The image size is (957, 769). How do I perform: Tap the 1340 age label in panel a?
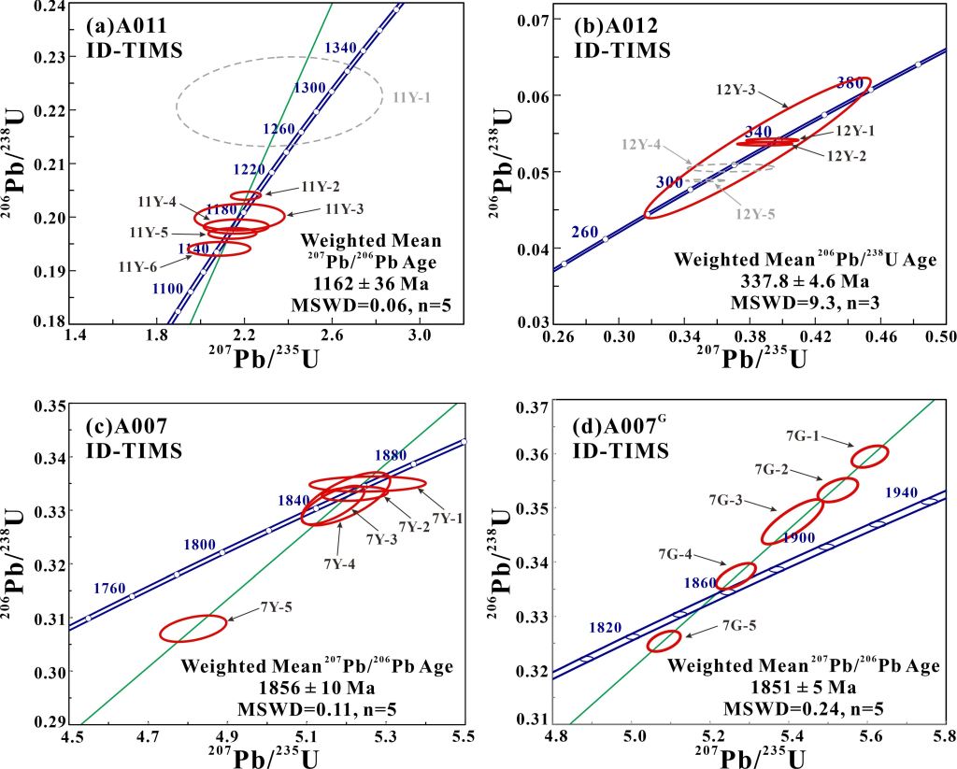342,47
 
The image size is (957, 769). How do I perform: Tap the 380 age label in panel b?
851,81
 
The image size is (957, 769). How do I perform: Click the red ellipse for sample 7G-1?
870,456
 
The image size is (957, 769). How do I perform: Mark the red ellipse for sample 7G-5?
664,640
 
